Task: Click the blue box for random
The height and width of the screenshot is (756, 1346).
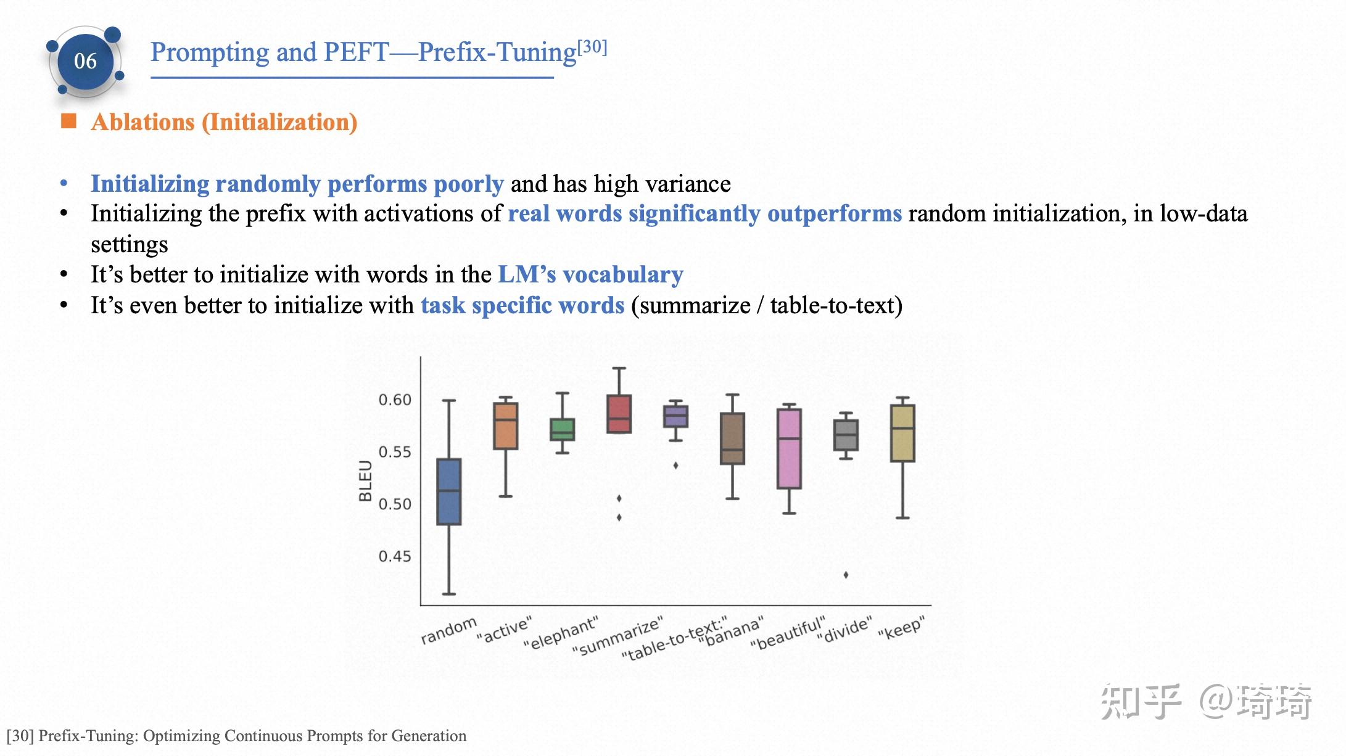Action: (448, 491)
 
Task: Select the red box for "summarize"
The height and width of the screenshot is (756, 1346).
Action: (619, 414)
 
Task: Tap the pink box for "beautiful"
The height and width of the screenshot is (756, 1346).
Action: (789, 448)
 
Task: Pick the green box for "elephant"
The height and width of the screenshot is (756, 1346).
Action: (562, 429)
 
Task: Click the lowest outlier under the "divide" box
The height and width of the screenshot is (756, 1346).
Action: (846, 575)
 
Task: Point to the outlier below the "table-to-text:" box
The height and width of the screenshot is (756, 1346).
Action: (675, 466)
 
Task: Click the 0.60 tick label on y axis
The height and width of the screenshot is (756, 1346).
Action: (395, 400)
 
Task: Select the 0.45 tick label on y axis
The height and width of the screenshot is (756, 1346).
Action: (395, 557)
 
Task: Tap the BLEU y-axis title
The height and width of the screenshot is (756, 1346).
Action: (365, 481)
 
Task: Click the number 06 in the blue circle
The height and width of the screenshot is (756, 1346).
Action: (85, 61)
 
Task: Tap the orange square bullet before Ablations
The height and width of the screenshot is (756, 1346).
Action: (68, 121)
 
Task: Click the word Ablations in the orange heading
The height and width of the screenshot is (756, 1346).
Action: (142, 122)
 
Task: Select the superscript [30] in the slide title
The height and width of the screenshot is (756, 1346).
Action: (592, 47)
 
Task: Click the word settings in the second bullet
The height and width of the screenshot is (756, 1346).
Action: (129, 245)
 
